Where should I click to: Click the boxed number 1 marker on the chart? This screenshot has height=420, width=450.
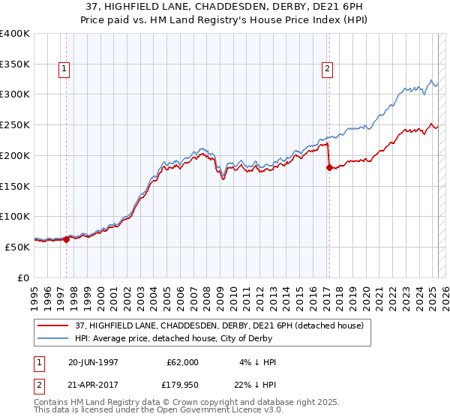64,70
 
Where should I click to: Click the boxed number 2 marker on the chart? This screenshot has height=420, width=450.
328,70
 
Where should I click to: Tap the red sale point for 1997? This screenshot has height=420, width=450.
66,239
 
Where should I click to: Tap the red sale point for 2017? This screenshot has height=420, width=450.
329,167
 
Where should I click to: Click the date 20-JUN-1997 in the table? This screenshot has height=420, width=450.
94,362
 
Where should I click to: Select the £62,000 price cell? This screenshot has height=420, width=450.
182,362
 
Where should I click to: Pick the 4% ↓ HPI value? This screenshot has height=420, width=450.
258,362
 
